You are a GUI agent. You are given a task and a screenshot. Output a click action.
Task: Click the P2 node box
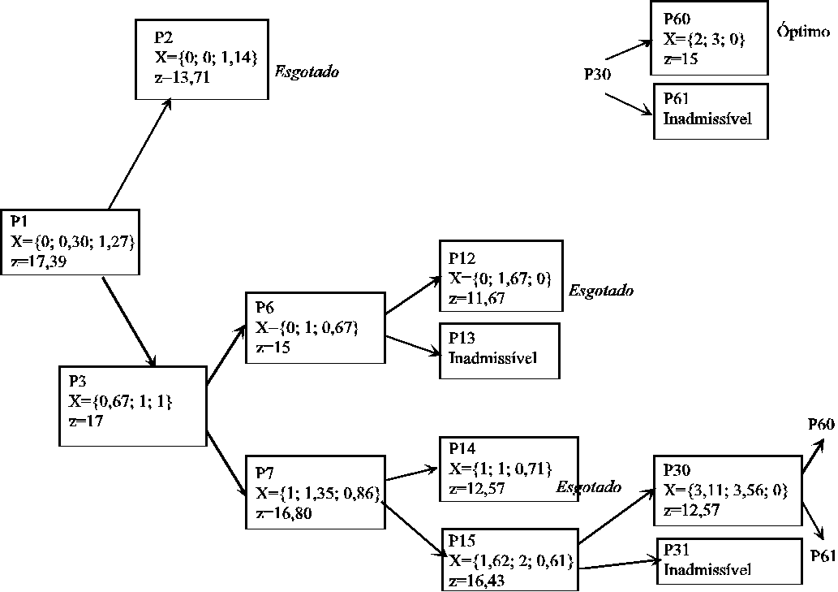click(x=201, y=58)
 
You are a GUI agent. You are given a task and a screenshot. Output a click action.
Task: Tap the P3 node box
click(x=133, y=405)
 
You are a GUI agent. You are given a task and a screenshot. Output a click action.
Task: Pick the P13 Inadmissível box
click(x=499, y=351)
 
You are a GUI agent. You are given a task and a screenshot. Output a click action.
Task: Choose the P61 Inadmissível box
click(x=710, y=110)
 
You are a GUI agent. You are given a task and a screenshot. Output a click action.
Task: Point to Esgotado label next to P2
click(x=307, y=72)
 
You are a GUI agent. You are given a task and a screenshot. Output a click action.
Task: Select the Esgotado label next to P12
click(x=601, y=290)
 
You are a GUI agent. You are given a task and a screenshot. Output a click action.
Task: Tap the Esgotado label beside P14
click(x=589, y=487)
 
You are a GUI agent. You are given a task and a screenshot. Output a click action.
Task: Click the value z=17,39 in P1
click(x=40, y=261)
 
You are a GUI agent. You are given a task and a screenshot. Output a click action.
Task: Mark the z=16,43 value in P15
click(x=479, y=581)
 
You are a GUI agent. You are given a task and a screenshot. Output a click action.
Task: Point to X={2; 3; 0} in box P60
click(x=703, y=39)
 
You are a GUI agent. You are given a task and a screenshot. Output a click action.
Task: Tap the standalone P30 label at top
click(x=604, y=74)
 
